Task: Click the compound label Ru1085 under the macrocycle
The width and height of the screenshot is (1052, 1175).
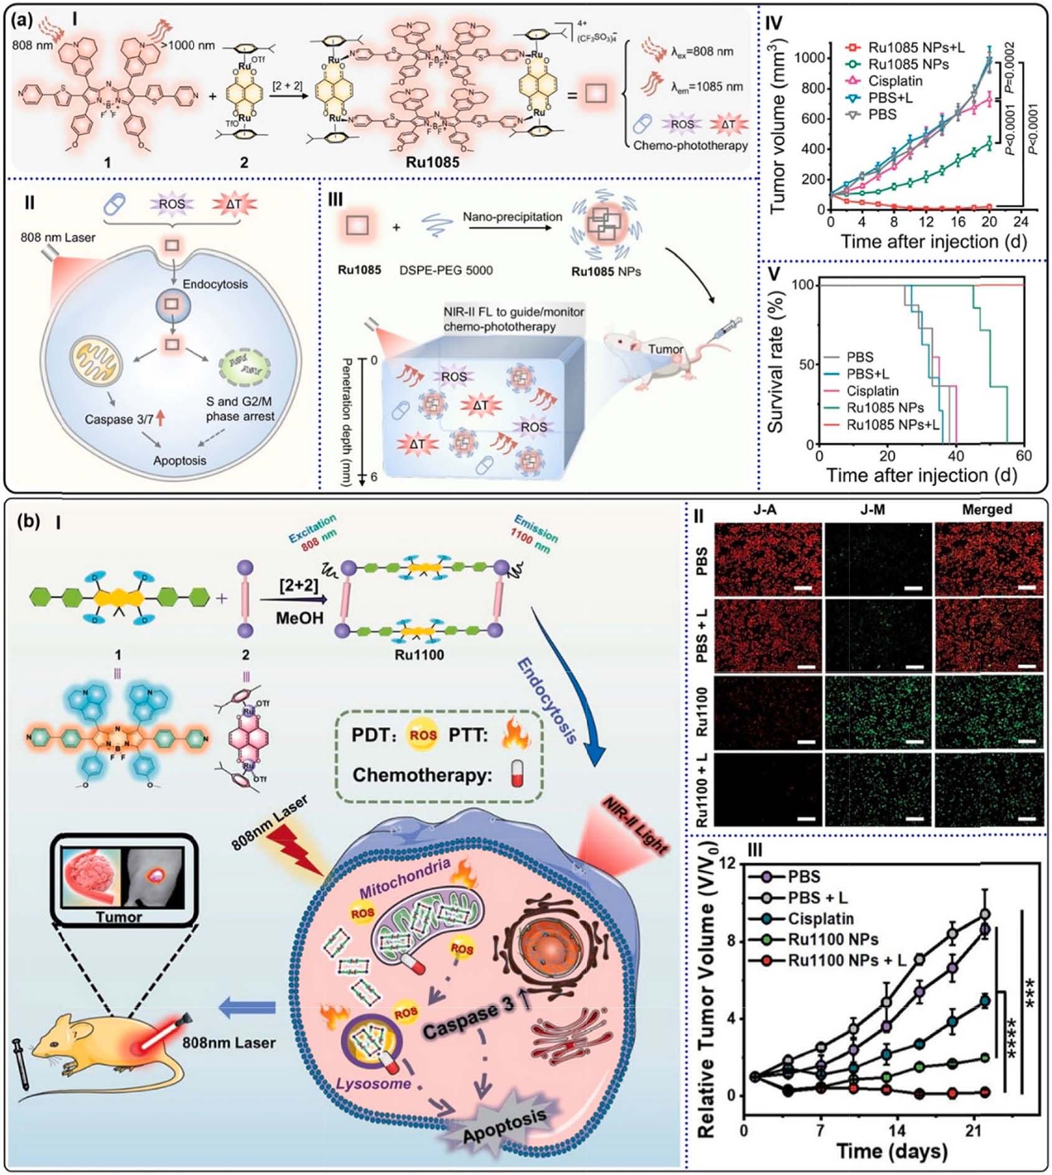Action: click(x=433, y=163)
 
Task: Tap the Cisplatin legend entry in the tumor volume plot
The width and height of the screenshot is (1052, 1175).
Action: click(x=895, y=81)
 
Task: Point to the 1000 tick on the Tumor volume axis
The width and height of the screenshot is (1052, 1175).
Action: click(x=809, y=58)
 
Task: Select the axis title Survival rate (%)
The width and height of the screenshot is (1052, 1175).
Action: click(x=776, y=364)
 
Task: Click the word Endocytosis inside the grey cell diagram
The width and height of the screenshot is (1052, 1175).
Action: click(x=215, y=284)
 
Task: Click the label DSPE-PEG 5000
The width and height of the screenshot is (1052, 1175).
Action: click(x=446, y=270)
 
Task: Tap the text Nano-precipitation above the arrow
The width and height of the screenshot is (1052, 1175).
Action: click(x=512, y=217)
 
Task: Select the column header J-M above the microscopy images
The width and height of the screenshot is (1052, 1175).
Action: click(x=877, y=510)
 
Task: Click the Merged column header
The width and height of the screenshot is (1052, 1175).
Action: click(x=987, y=510)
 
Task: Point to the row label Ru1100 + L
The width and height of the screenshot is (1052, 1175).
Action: click(x=702, y=790)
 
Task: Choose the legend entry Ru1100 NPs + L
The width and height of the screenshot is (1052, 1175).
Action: click(x=847, y=960)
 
